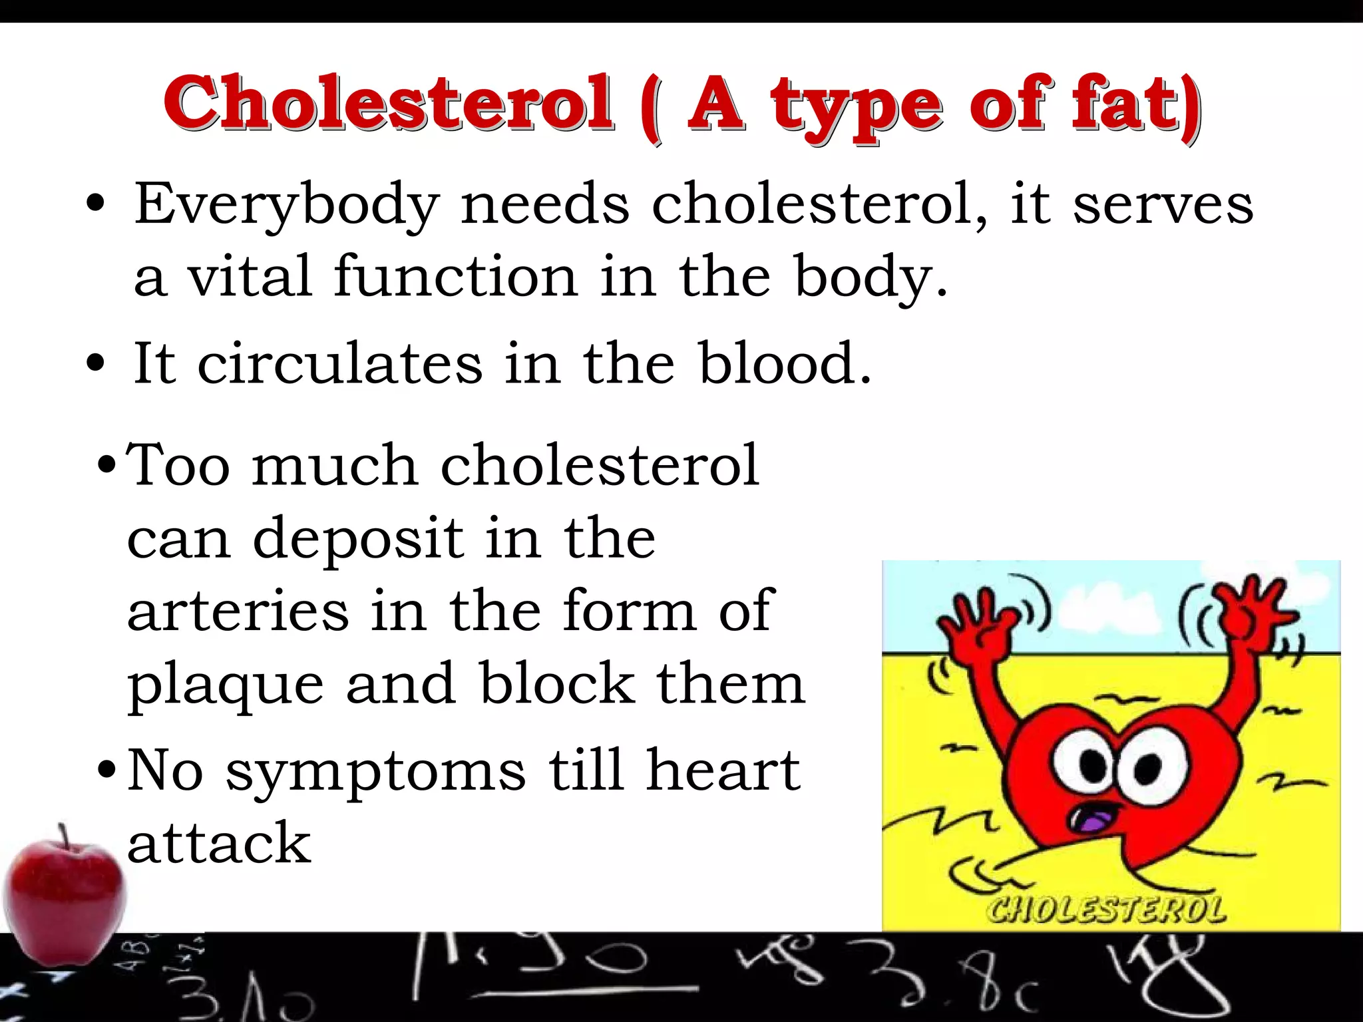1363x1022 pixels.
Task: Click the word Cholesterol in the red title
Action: [389, 103]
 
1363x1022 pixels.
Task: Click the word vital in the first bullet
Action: [250, 276]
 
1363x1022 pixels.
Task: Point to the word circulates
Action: [340, 363]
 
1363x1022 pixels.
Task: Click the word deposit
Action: [358, 539]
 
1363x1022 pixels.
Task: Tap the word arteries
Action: [238, 611]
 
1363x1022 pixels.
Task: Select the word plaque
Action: [226, 685]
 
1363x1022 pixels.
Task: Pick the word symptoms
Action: [376, 772]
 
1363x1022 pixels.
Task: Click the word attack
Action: [219, 844]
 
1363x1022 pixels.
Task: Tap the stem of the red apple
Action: [64, 836]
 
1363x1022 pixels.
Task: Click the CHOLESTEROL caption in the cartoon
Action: [1105, 910]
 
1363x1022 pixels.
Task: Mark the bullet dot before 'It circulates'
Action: [96, 364]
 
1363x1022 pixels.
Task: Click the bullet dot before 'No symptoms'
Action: [106, 772]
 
